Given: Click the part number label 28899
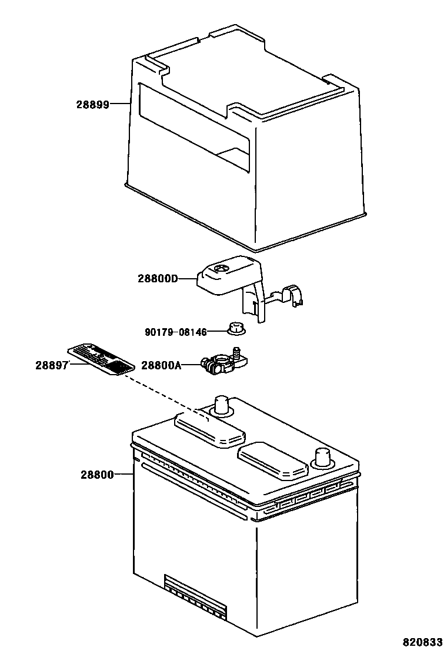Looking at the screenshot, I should pyautogui.click(x=92, y=105).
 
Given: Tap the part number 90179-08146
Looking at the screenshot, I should pyautogui.click(x=175, y=332).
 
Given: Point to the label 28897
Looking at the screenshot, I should pyautogui.click(x=52, y=365).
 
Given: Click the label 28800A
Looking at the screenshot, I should pyautogui.click(x=161, y=366).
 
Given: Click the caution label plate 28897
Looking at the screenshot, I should pyautogui.click(x=101, y=359).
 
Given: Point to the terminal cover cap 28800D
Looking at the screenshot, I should pyautogui.click(x=226, y=276).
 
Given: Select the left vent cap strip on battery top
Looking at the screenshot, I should pyautogui.click(x=209, y=429).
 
